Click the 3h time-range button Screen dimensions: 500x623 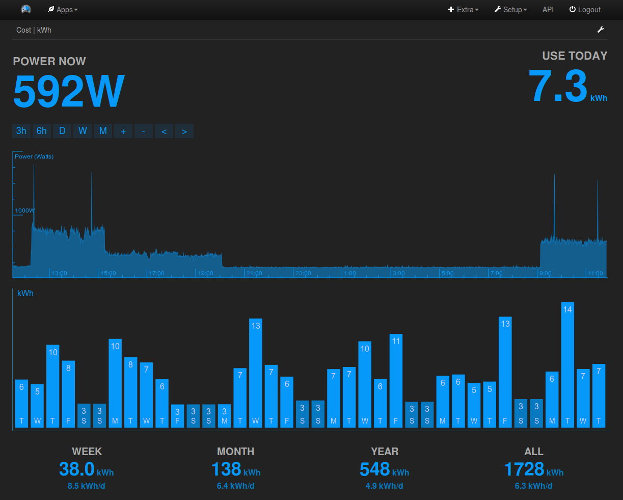click(x=21, y=131)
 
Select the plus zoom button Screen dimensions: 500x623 click(x=123, y=131)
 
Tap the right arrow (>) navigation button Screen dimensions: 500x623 click(x=184, y=131)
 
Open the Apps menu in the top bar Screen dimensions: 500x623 click(x=63, y=10)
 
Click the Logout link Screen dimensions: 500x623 click(x=585, y=10)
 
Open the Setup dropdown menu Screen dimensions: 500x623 click(x=510, y=10)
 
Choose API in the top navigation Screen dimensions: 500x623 click(x=548, y=10)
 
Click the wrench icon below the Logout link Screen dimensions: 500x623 click(x=601, y=30)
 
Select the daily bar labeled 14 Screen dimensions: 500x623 click(x=567, y=364)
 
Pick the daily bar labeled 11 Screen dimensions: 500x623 click(x=396, y=380)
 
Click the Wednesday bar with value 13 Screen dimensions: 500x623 click(x=256, y=373)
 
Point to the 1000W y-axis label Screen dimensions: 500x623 click(x=24, y=210)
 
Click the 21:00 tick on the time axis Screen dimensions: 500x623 click(x=254, y=273)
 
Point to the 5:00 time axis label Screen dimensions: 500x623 click(x=447, y=273)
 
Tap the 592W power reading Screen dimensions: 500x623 click(x=69, y=91)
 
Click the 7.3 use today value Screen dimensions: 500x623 click(x=558, y=86)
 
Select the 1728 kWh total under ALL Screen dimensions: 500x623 click(x=524, y=469)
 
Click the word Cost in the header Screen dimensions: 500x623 click(x=23, y=30)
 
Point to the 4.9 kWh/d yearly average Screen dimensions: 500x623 click(x=384, y=486)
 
